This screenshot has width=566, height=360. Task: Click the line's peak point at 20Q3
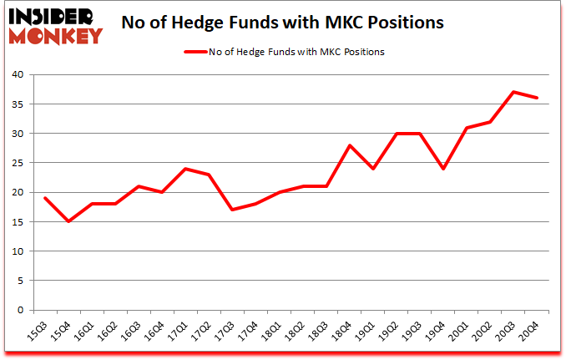click(513, 92)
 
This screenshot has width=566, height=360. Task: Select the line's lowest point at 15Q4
click(68, 221)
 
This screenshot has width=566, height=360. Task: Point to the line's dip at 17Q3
click(209, 210)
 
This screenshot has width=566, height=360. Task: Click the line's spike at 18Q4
click(350, 145)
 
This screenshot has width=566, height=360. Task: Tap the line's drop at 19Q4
click(443, 169)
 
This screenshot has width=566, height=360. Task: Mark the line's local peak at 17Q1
click(186, 169)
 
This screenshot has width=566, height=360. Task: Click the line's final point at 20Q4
click(537, 98)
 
